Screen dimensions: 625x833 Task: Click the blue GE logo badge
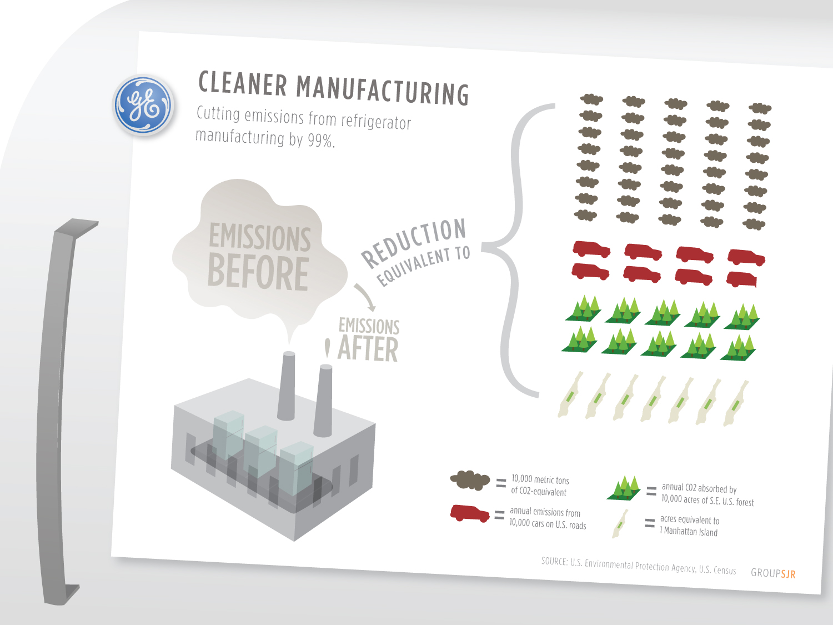[144, 105]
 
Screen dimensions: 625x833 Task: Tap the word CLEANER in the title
[243, 84]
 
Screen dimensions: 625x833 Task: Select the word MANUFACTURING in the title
[383, 90]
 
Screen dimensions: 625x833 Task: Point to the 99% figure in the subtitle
[321, 140]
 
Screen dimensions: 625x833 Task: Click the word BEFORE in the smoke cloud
[258, 272]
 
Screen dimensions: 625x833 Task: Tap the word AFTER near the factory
[368, 349]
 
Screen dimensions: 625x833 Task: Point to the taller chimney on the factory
[287, 386]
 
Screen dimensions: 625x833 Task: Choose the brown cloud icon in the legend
[470, 479]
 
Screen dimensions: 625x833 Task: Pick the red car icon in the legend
[470, 513]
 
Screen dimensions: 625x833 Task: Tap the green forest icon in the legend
[624, 488]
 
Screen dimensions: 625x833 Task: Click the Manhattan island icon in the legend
[620, 523]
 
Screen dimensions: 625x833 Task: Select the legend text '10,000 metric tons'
[540, 479]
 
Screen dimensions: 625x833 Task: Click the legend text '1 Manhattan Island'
[689, 532]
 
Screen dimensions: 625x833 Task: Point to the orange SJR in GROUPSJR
[788, 574]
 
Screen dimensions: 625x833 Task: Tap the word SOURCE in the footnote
[554, 561]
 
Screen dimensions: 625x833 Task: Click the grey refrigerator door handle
[58, 411]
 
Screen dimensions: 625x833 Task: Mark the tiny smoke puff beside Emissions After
[327, 348]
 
